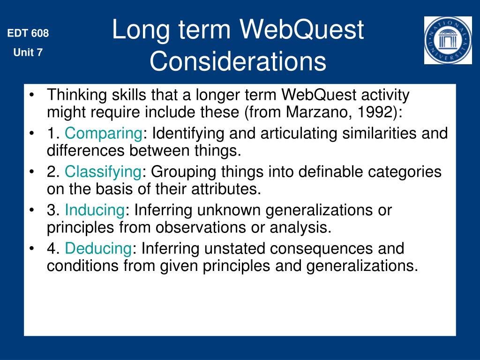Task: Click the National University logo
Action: pyautogui.click(x=448, y=40)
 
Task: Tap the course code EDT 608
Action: pyautogui.click(x=28, y=33)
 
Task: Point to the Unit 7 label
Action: pyautogui.click(x=28, y=52)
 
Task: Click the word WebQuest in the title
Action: pyautogui.click(x=301, y=30)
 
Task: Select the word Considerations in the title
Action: pyautogui.click(x=238, y=61)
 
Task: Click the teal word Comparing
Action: pyautogui.click(x=104, y=134)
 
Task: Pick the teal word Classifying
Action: pyautogui.click(x=103, y=172)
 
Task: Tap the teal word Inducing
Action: pyautogui.click(x=95, y=210)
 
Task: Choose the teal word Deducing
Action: pyautogui.click(x=98, y=248)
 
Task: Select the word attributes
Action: pyautogui.click(x=226, y=189)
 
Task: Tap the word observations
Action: pyautogui.click(x=201, y=227)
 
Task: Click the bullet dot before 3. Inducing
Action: pyautogui.click(x=31, y=210)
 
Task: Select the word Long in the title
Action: pyautogui.click(x=141, y=30)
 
